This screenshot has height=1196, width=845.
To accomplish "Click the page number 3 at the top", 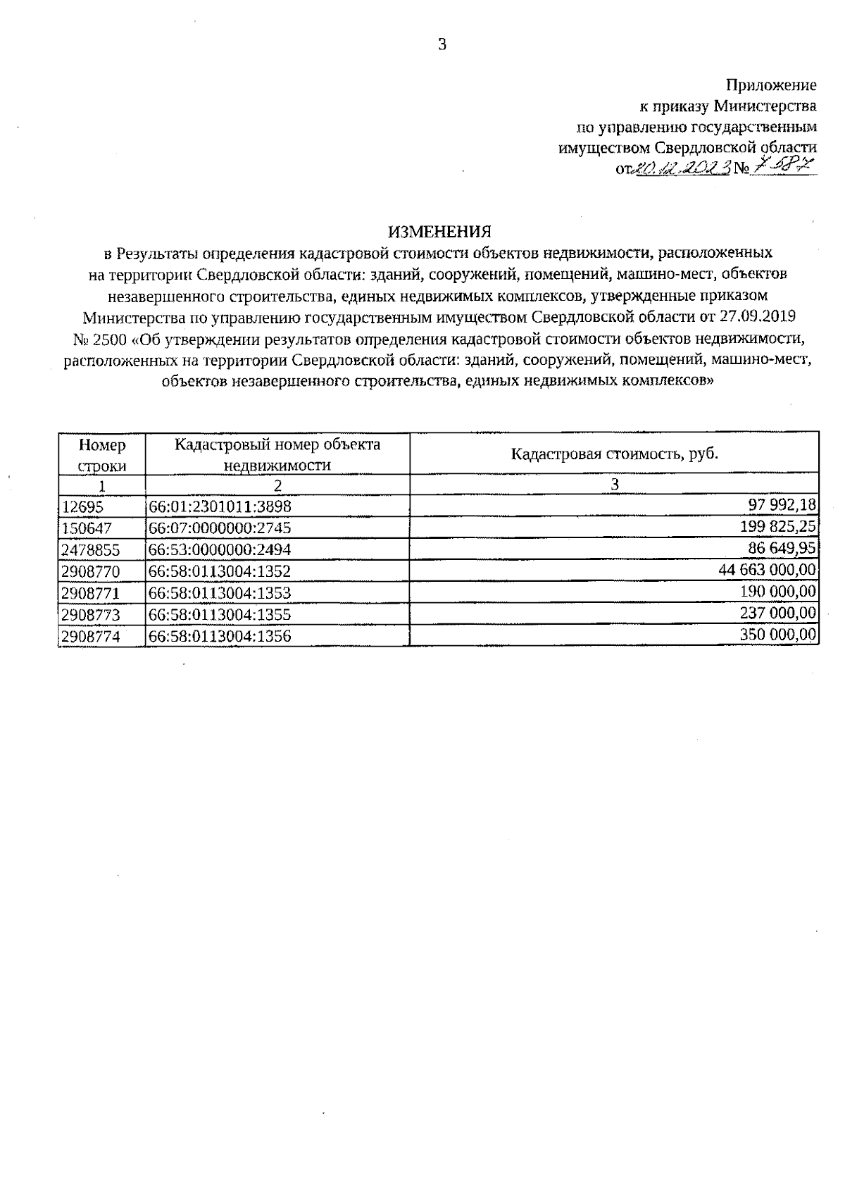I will click(x=442, y=45).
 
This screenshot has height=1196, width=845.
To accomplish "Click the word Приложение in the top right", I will click(x=771, y=86).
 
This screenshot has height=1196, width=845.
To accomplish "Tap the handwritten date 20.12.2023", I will click(x=682, y=168).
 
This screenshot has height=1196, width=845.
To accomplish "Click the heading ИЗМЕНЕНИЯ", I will click(x=439, y=232).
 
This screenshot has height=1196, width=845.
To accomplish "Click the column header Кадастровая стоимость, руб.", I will click(x=614, y=453).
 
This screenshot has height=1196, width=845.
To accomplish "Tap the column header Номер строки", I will click(x=102, y=455).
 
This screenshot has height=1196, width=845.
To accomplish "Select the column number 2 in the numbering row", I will click(x=277, y=485).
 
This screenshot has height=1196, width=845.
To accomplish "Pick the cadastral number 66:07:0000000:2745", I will click(x=220, y=528).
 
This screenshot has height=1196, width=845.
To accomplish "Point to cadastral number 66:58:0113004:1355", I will click(x=220, y=614).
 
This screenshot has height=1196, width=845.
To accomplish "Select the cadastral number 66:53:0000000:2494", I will click(x=220, y=549).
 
